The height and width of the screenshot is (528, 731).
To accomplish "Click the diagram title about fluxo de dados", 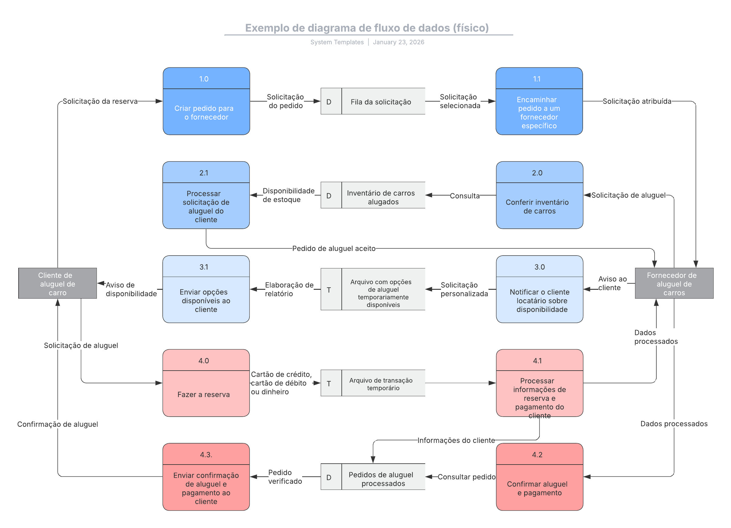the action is pos(367,28).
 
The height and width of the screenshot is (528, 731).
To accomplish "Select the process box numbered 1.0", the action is pos(206,101).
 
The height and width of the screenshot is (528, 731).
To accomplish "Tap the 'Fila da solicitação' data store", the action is pos(373,101).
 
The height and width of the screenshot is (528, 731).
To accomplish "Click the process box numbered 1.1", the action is pos(539,101).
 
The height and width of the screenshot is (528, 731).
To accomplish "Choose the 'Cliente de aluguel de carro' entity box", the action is pos(58,283).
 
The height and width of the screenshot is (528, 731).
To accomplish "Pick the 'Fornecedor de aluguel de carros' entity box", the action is pos(674,283).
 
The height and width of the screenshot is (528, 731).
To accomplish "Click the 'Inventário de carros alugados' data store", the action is pos(373,195).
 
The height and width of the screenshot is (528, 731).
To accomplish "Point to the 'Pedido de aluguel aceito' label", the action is pos(334,249).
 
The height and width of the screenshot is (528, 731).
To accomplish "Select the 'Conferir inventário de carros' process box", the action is pos(539,195).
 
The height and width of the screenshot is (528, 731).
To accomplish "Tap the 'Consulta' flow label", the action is pos(464,196).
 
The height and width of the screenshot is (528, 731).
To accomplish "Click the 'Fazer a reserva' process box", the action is pos(206,383).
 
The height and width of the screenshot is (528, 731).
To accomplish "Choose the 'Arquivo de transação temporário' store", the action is pos(373,383).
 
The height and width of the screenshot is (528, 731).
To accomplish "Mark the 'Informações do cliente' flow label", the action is pos(456,440).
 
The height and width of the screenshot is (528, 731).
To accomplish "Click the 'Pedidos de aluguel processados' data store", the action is pos(373,477).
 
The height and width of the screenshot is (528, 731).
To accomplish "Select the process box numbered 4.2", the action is pos(539,477).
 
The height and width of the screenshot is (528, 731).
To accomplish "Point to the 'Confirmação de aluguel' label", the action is pos(58,424).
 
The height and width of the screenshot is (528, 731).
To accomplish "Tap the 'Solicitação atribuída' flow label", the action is pos(637,101).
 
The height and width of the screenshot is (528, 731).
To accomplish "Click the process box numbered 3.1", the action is pos(206,289).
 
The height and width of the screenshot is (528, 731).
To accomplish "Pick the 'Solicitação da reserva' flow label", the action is pos(100,101).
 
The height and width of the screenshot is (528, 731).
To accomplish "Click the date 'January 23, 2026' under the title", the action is pos(398,42).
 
